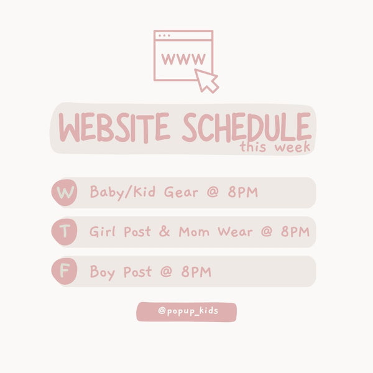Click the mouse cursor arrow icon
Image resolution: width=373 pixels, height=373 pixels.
206,80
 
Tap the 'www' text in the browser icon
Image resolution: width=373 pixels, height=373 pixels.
183,59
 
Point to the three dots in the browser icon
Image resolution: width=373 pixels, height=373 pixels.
164,35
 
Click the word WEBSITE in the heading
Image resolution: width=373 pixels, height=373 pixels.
114,127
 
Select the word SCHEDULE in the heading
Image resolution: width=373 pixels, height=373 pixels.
247,127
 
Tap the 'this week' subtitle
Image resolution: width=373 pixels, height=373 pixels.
275,147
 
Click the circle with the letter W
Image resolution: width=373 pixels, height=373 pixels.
64,193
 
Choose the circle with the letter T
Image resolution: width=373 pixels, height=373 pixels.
64,232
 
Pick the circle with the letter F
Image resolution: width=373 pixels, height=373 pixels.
64,271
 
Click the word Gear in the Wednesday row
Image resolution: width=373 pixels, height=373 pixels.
181,192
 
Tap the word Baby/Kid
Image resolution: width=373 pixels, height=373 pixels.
122,193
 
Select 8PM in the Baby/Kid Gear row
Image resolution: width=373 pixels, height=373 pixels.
243,192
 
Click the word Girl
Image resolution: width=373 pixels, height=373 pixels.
103,231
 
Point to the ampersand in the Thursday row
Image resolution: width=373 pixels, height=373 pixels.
164,231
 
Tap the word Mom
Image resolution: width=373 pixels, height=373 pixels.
194,232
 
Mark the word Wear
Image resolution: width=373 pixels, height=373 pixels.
235,232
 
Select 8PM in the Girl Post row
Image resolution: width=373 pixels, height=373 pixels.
295,231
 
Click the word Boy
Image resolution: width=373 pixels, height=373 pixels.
103,272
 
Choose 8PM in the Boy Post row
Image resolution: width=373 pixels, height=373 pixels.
196,272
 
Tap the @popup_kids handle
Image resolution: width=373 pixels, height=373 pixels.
188,311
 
